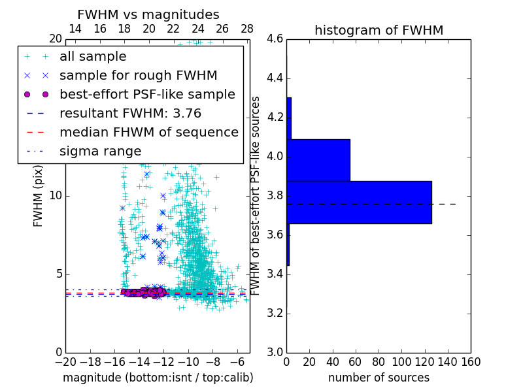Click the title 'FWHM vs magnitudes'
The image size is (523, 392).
pos(148,14)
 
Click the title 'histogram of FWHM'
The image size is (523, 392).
pos(379,30)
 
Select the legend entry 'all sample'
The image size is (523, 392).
pos(93,57)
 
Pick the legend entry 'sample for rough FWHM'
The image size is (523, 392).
pos(138,75)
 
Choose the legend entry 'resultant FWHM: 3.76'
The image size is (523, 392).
pos(130,113)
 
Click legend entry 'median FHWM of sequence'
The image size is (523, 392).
pos(148,132)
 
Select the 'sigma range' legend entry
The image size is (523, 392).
pos(100,151)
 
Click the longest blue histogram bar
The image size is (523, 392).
pos(359,202)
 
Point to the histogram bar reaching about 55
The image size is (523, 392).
pos(318,160)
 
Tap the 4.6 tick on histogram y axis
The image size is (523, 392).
pos(275,39)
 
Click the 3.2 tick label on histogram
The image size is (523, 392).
pos(275,313)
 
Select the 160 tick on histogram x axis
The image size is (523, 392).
pos(471,361)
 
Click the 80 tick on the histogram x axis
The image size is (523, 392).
pos(379,361)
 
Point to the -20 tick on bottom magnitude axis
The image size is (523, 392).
pos(65,361)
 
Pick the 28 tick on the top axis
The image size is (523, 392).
pos(247,29)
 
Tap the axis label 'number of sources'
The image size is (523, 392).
pos(379,378)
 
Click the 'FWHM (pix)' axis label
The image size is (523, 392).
pos(39,195)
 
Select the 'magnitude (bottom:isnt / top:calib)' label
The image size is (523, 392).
pos(158,378)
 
